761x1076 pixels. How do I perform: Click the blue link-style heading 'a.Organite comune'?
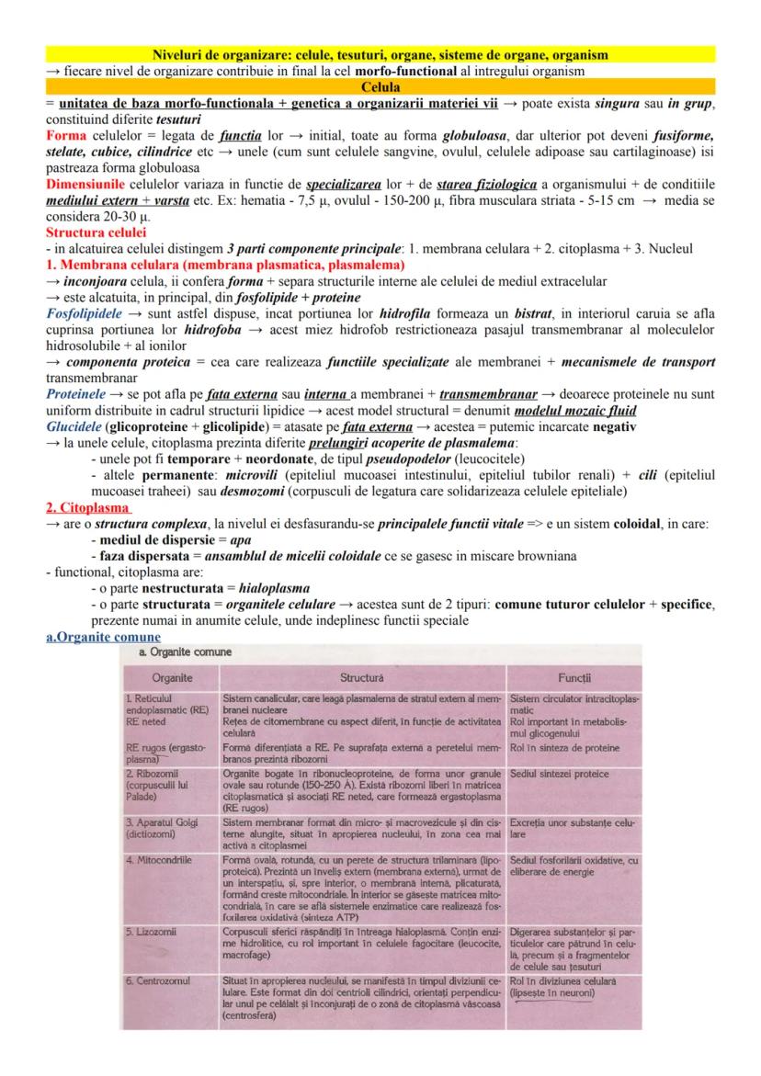click(x=102, y=637)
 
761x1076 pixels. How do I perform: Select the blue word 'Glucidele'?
click(x=74, y=427)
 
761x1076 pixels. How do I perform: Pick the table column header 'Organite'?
click(x=172, y=678)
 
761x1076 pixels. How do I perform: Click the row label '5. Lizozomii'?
click(x=151, y=932)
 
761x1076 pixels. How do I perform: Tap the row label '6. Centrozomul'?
click(x=159, y=980)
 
